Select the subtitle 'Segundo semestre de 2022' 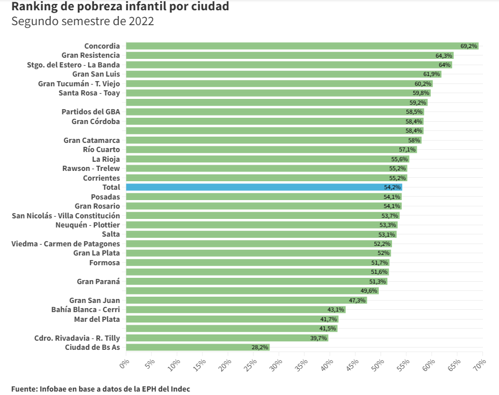point(82,22)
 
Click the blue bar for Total point(263,187)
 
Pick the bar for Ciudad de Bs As point(197,347)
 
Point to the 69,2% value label point(469,46)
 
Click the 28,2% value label point(260,347)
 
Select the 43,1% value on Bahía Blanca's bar point(336,309)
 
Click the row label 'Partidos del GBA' point(90,111)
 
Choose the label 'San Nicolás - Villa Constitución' point(66,216)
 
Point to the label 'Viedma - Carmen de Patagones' point(66,244)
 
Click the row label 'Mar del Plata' point(97,319)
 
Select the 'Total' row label point(111,187)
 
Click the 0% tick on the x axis point(124,363)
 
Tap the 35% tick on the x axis point(303,364)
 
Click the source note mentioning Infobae point(100,389)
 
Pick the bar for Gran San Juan point(246,300)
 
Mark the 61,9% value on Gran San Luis point(431,74)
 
